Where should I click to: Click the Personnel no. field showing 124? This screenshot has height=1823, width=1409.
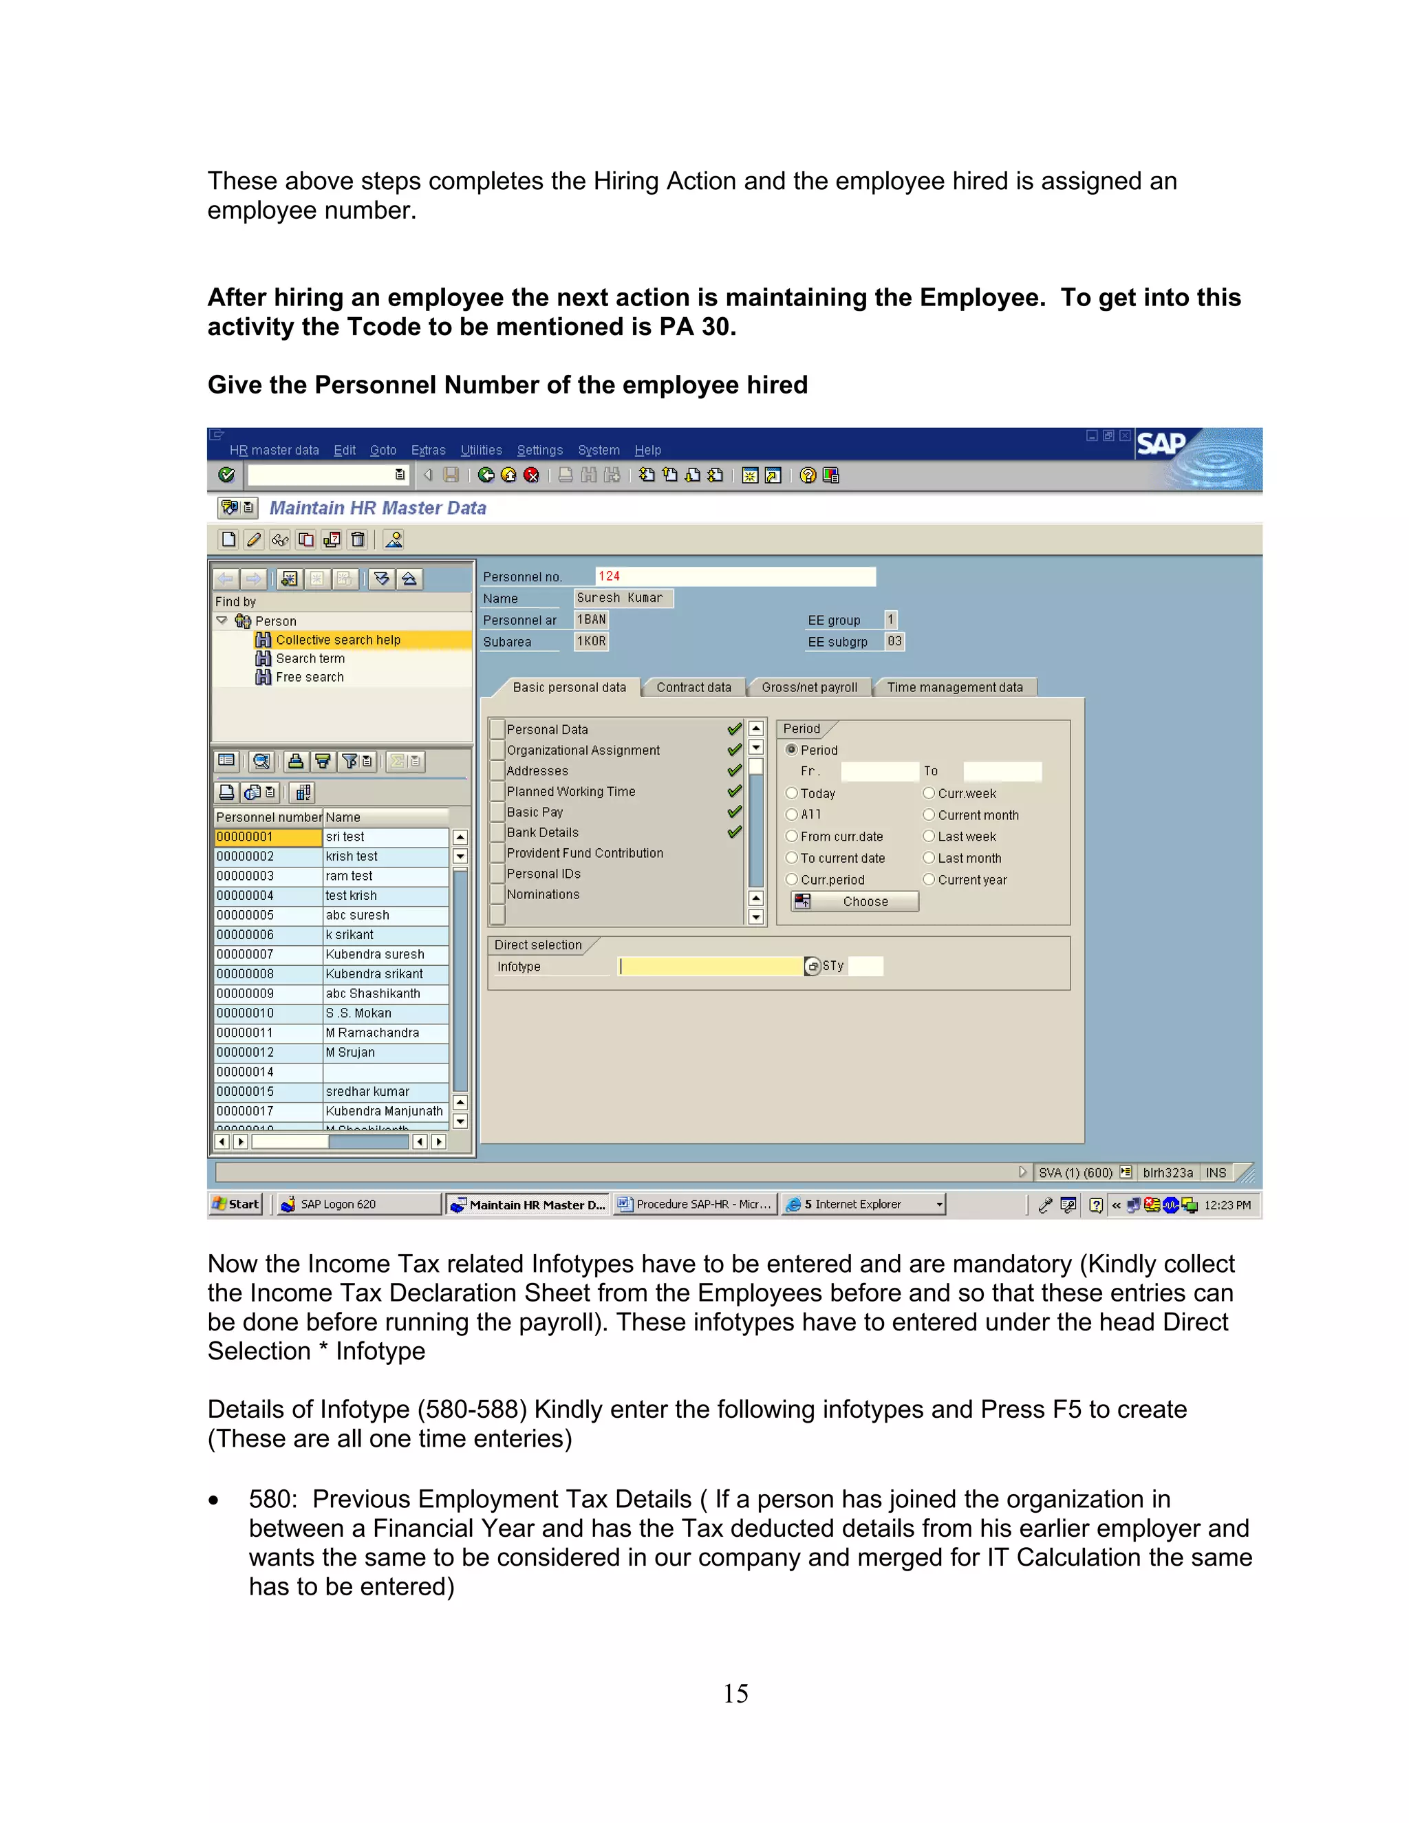coord(735,576)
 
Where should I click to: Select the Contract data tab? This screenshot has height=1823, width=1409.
coord(693,688)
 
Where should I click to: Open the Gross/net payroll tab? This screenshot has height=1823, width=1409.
coord(809,688)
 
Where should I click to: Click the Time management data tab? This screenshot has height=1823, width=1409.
coord(954,688)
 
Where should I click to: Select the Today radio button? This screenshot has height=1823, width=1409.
coord(791,793)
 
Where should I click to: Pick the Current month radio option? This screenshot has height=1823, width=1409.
coord(928,815)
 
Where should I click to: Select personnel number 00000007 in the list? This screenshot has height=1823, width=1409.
coord(267,955)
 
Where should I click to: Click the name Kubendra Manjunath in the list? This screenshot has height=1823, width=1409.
coord(384,1112)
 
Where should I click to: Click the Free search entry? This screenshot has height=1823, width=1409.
coord(310,678)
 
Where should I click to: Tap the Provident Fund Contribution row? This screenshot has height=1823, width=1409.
coord(584,853)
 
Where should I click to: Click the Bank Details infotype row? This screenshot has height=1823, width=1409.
coord(543,833)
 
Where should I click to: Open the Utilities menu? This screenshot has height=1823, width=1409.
coord(481,451)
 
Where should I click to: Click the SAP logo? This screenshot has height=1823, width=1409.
coord(1161,444)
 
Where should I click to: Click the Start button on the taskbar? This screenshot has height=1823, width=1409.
coord(236,1205)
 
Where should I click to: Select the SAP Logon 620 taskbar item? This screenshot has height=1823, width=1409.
coord(338,1205)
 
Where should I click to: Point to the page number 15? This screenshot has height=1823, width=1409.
coord(735,1694)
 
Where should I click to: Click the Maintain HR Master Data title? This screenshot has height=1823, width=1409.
coord(377,508)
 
